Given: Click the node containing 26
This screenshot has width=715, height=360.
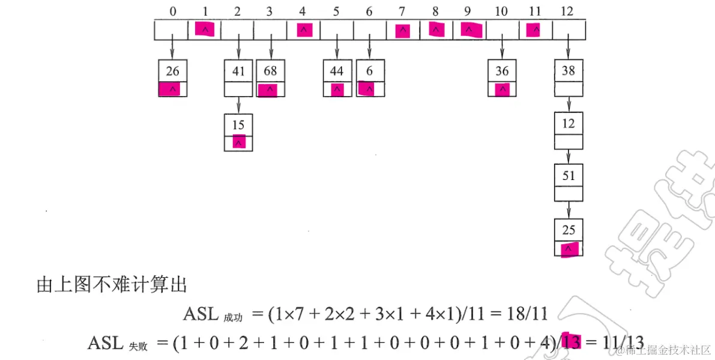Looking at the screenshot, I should click(x=173, y=71).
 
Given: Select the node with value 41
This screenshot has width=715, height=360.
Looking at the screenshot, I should click(x=239, y=71).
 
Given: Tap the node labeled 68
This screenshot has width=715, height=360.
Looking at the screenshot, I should click(x=271, y=71).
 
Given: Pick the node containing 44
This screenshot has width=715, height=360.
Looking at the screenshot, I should click(x=337, y=71).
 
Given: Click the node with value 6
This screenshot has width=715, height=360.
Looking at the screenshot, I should click(x=370, y=71).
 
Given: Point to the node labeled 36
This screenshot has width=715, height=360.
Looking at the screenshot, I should click(x=502, y=71).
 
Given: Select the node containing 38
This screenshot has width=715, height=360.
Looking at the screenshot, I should click(x=568, y=71).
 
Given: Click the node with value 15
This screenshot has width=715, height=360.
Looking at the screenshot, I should click(x=239, y=125).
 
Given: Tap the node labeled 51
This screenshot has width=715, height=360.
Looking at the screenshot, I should click(x=568, y=176).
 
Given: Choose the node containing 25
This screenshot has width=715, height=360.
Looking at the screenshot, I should click(x=568, y=230).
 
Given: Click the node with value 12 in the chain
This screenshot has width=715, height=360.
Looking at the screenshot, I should click(x=568, y=124).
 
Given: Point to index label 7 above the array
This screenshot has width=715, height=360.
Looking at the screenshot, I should click(x=403, y=11).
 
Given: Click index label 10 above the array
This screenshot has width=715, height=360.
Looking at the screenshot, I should click(x=502, y=11).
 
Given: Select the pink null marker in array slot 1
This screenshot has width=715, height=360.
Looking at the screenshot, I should click(x=205, y=29).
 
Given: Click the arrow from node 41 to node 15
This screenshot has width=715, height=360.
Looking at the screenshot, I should click(x=239, y=105).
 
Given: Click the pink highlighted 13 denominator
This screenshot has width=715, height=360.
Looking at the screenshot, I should click(x=572, y=342).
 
